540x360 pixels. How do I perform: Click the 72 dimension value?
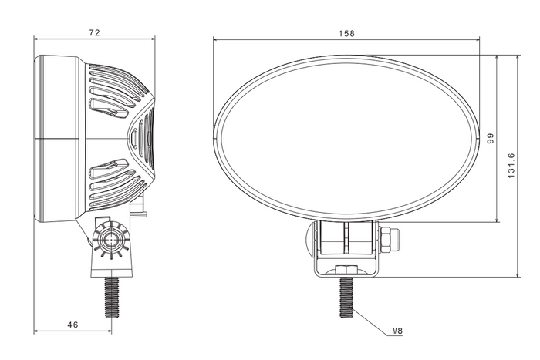click(x=95, y=33)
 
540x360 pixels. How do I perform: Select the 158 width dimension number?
click(x=347, y=33)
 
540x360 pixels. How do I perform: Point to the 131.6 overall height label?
click(x=511, y=165)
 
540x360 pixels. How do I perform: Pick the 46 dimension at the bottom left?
click(x=73, y=325)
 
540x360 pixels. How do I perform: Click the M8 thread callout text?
click(x=397, y=331)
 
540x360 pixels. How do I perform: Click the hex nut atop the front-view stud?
click(x=347, y=269)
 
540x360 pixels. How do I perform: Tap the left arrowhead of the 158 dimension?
click(x=217, y=41)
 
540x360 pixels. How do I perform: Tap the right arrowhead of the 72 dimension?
click(x=151, y=41)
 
